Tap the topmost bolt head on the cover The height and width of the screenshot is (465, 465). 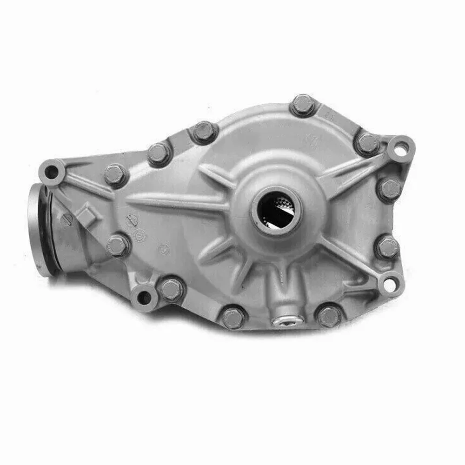(303, 105)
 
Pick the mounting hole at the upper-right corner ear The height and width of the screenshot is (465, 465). (399, 149)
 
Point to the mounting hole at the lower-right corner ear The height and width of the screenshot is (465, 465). (391, 282)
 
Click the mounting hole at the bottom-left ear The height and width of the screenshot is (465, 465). (144, 297)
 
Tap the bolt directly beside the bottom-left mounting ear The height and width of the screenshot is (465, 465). (171, 289)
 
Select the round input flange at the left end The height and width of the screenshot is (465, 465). (40, 230)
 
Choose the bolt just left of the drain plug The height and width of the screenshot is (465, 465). (232, 318)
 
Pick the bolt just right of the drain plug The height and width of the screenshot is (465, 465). (329, 316)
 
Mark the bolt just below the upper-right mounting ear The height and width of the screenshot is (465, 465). (389, 189)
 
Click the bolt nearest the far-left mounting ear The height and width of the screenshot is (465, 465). (114, 175)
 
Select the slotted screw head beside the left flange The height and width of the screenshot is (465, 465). (66, 219)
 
